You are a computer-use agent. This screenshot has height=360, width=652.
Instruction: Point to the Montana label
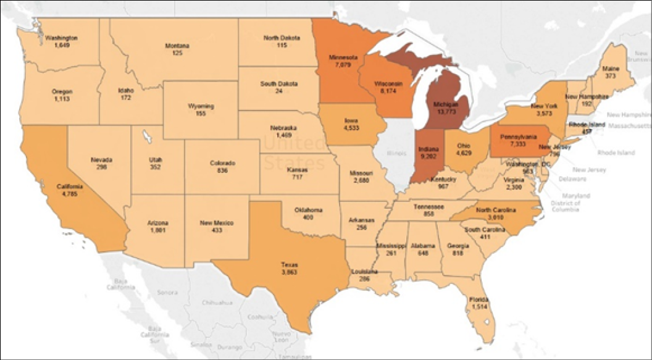177,46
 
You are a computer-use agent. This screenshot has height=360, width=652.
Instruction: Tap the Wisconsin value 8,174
388,90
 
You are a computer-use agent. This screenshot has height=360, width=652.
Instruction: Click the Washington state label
62,38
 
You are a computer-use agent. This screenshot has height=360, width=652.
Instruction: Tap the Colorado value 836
222,171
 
